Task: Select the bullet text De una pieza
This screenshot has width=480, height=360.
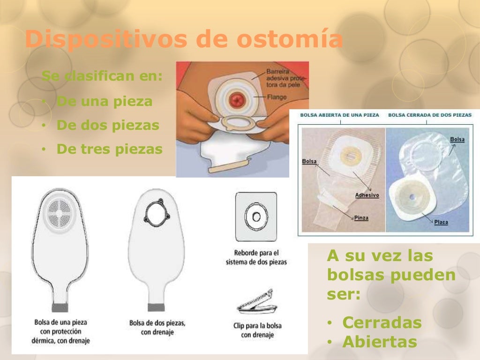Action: pyautogui.click(x=104, y=101)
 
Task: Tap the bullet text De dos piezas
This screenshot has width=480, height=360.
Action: pyautogui.click(x=107, y=126)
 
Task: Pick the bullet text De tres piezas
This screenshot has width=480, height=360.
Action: pyautogui.click(x=109, y=150)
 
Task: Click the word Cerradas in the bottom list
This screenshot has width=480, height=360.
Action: pyautogui.click(x=382, y=322)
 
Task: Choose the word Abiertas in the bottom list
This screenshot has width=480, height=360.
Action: pyautogui.click(x=379, y=342)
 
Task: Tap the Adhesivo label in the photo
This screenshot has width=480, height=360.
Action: pyautogui.click(x=367, y=195)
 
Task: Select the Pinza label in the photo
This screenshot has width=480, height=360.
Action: pyautogui.click(x=361, y=218)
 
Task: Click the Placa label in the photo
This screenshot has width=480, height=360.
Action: pyautogui.click(x=441, y=222)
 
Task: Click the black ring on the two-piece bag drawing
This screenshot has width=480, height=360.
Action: pyautogui.click(x=156, y=213)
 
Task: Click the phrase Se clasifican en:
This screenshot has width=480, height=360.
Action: pyautogui.click(x=102, y=76)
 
